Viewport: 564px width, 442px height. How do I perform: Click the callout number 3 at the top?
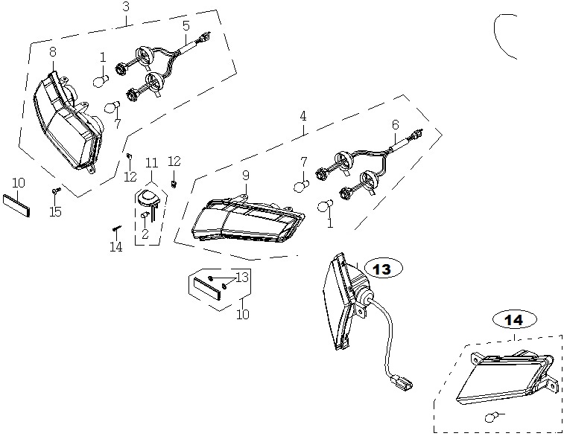[x=125, y=7]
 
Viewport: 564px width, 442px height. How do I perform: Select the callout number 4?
[x=303, y=116]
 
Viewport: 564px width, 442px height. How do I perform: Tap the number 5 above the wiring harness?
[x=186, y=26]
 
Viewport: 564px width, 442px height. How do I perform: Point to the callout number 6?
[x=396, y=125]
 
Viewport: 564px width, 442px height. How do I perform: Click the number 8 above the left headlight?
[x=53, y=52]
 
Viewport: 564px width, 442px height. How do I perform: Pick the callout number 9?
[x=246, y=176]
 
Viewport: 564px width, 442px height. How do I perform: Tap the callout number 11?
[x=152, y=163]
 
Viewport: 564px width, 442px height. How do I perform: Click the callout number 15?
[x=55, y=212]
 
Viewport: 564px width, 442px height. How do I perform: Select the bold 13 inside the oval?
[x=381, y=269]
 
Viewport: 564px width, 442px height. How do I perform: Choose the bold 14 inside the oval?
[x=513, y=320]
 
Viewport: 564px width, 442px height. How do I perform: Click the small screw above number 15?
[x=56, y=190]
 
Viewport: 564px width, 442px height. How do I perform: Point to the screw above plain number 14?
[x=116, y=228]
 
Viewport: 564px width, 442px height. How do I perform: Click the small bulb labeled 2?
[x=146, y=215]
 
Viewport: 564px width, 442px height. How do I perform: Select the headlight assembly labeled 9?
[x=248, y=220]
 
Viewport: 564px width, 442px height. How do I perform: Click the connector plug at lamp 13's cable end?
[x=401, y=381]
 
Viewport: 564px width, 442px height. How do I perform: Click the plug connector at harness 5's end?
[x=206, y=36]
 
